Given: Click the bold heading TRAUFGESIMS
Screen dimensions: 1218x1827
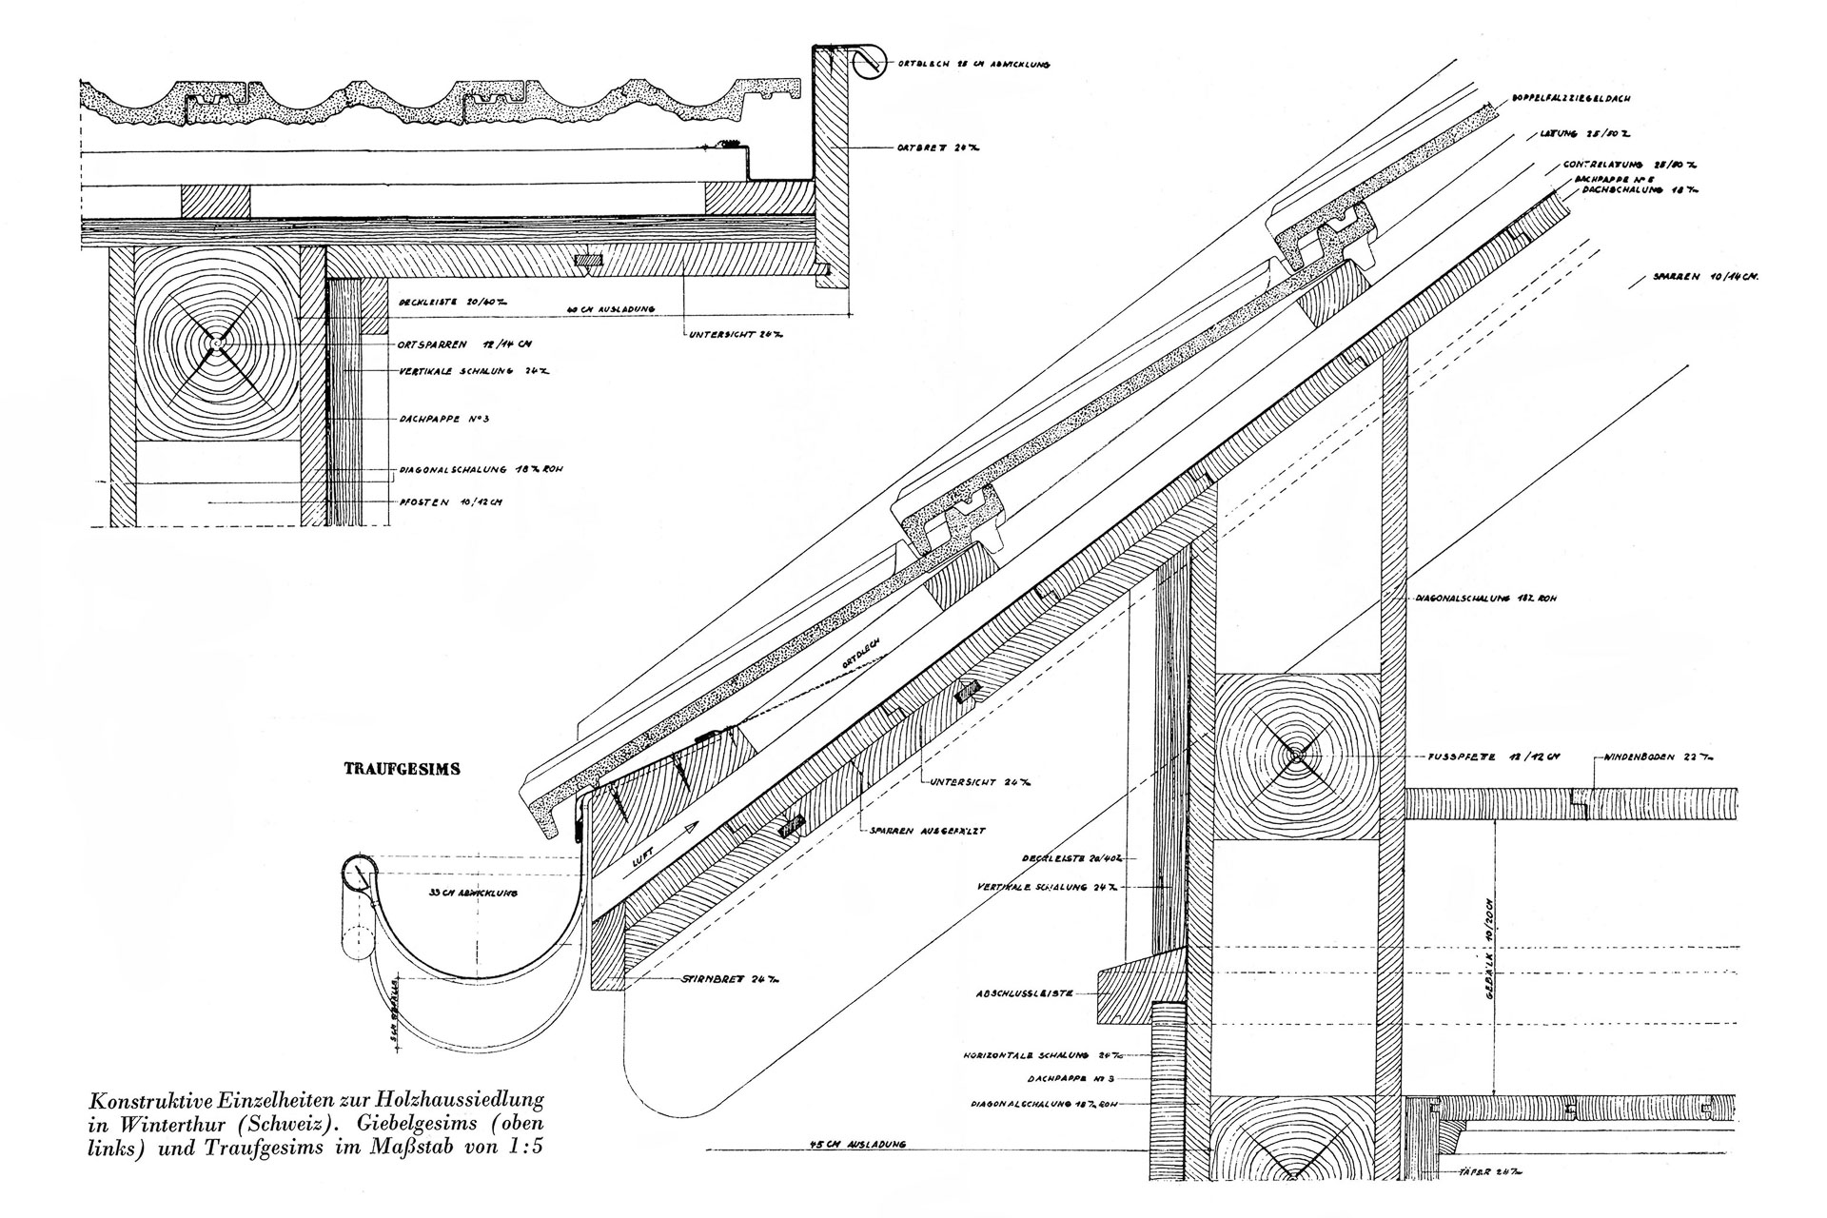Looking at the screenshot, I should click(402, 770).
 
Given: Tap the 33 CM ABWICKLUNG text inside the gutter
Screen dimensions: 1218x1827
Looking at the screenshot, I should click(447, 895).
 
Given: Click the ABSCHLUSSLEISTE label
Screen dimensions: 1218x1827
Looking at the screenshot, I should click(1024, 993).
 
